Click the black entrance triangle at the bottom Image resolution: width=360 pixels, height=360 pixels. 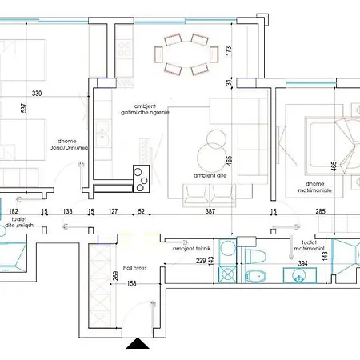click(138, 346)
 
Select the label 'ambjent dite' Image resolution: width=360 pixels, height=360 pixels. click(207, 174)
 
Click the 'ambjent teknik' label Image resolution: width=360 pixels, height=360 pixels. click(190, 249)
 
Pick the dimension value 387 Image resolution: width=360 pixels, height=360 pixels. click(210, 212)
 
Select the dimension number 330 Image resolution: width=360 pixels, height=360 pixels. click(36, 94)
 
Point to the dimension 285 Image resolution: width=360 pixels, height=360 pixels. click(319, 212)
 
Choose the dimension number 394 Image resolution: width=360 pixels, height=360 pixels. click(302, 262)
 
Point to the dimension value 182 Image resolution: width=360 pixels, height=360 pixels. click(14, 212)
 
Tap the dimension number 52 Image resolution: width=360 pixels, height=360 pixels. click(142, 212)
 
